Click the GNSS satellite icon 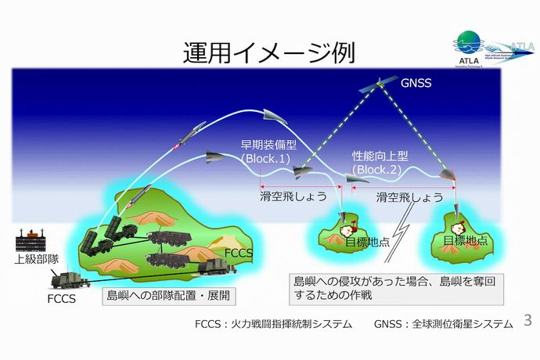(377, 85)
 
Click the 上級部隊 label (32, 258)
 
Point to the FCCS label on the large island (239, 254)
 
